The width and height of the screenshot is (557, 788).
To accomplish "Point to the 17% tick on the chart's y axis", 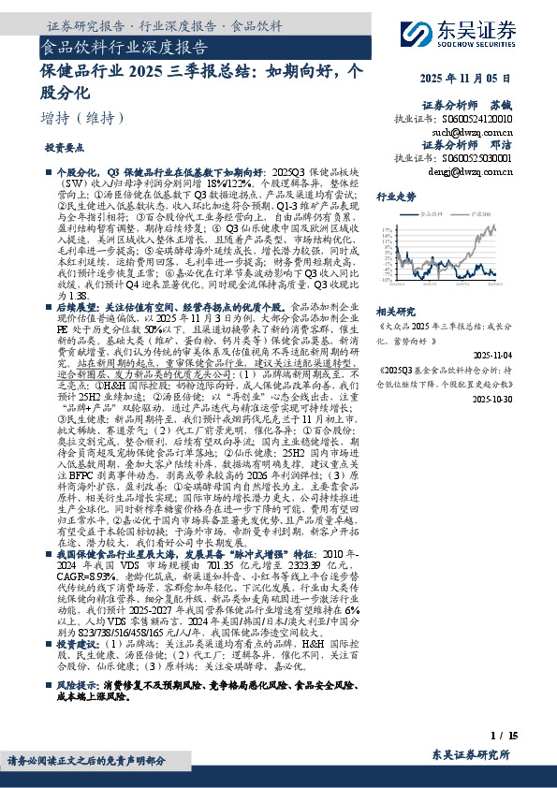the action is [385, 227].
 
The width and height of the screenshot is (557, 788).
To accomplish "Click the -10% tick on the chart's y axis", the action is [384, 279].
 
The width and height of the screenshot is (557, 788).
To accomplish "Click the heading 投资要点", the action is [64, 149].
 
